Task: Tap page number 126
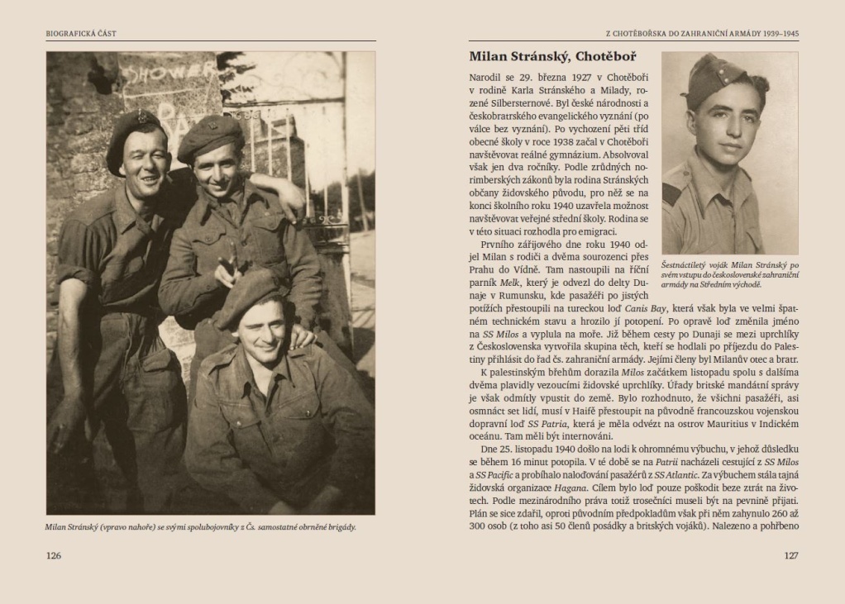coord(54,555)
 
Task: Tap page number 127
coord(790,555)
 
